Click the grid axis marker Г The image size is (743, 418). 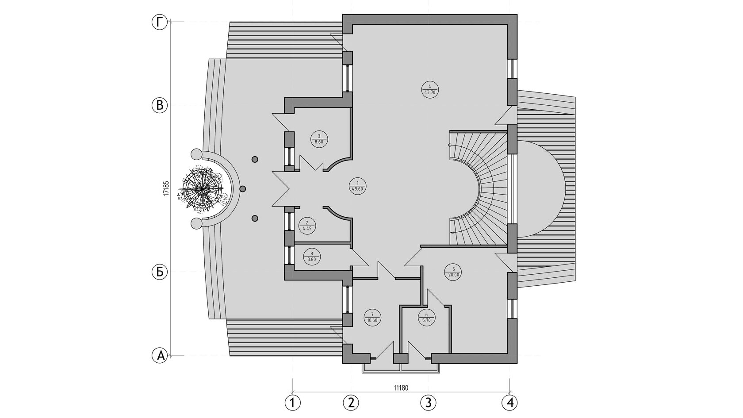point(160,22)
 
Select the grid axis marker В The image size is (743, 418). point(160,105)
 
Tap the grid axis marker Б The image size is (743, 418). point(160,272)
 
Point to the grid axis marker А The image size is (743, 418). point(160,355)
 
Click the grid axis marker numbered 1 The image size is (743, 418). point(292,403)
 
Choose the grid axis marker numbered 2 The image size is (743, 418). point(351,403)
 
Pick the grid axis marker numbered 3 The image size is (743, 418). point(428,403)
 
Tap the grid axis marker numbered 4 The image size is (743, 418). point(509,403)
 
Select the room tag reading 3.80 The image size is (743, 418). point(312,257)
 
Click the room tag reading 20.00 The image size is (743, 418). point(454,271)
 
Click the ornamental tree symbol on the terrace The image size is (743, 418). point(203,188)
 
